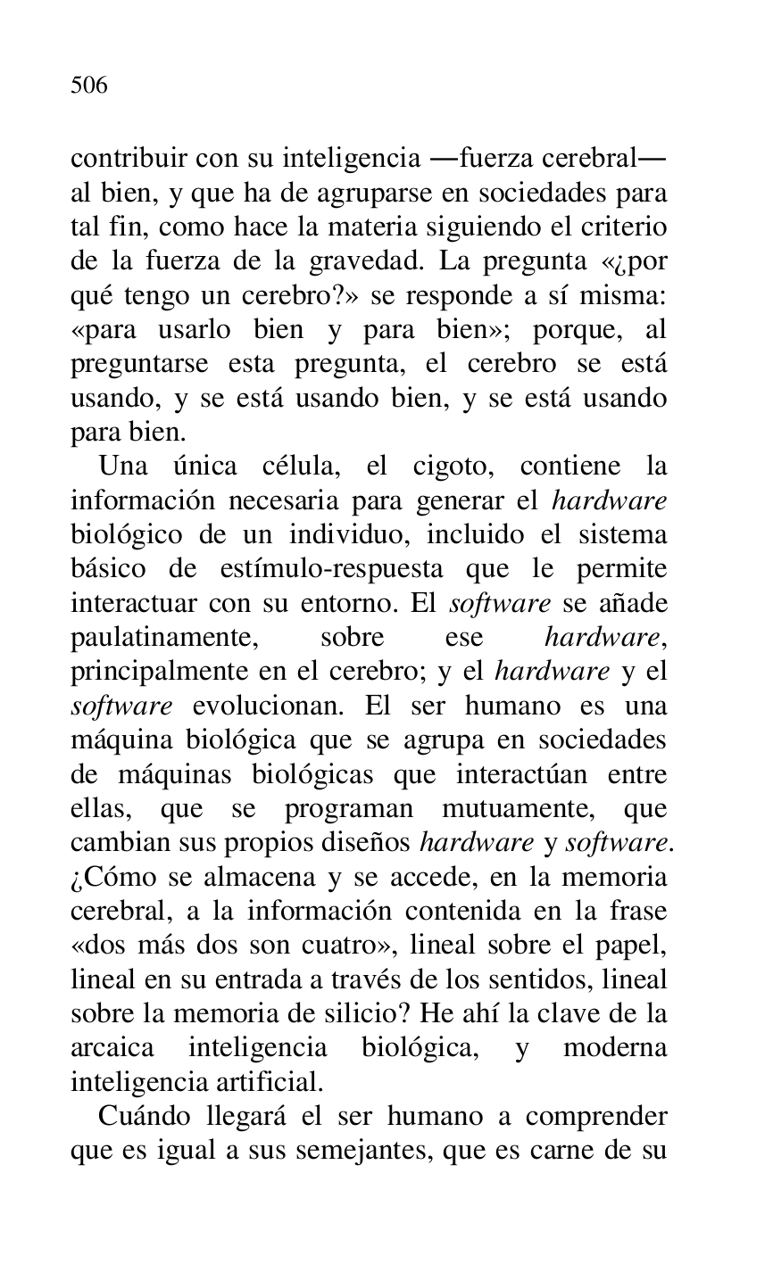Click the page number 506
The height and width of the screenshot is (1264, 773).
coord(89,86)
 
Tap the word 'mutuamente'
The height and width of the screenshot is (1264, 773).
coord(518,808)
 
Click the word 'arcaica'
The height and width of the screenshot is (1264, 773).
coord(112,1047)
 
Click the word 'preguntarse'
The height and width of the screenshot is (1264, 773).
coord(139,363)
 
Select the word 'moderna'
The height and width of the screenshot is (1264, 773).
coord(614,1047)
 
